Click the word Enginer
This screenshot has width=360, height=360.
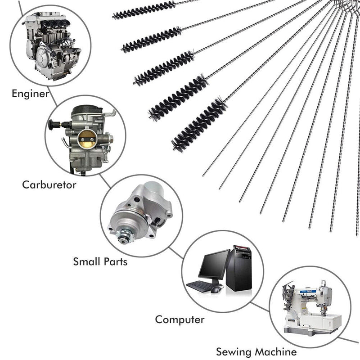(30, 94)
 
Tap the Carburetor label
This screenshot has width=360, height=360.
(49, 184)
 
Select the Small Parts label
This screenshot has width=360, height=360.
(100, 261)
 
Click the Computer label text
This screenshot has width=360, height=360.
(180, 320)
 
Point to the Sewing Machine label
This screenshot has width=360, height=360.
(256, 352)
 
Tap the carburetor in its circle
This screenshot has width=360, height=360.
(83, 135)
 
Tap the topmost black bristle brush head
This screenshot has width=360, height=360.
(144, 10)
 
